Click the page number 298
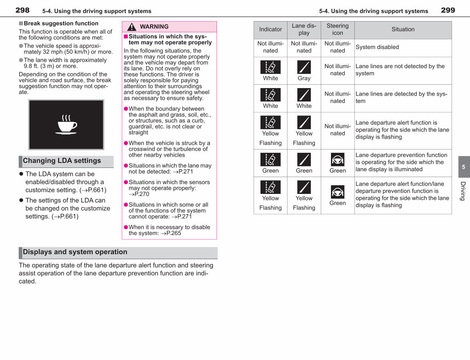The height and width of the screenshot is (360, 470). [22, 10]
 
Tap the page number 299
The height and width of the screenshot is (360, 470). [448, 10]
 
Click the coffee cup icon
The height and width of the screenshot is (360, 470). [66, 125]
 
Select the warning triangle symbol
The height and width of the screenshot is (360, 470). [132, 27]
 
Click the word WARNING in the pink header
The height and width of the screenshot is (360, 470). [154, 27]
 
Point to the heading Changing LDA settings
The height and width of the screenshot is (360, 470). [62, 161]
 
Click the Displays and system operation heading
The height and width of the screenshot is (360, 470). [75, 251]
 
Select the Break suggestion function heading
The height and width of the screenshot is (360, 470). [61, 24]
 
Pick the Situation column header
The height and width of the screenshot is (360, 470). [403, 29]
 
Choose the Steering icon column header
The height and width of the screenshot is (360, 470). [337, 29]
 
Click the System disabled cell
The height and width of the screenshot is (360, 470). [377, 47]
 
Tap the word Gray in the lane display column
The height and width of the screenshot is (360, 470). [304, 78]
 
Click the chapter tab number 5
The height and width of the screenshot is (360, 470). [463, 167]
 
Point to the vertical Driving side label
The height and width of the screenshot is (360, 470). [463, 191]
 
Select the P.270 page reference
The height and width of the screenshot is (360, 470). [142, 194]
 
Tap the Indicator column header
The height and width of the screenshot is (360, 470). [270, 29]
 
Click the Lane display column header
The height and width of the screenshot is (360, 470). [304, 29]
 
